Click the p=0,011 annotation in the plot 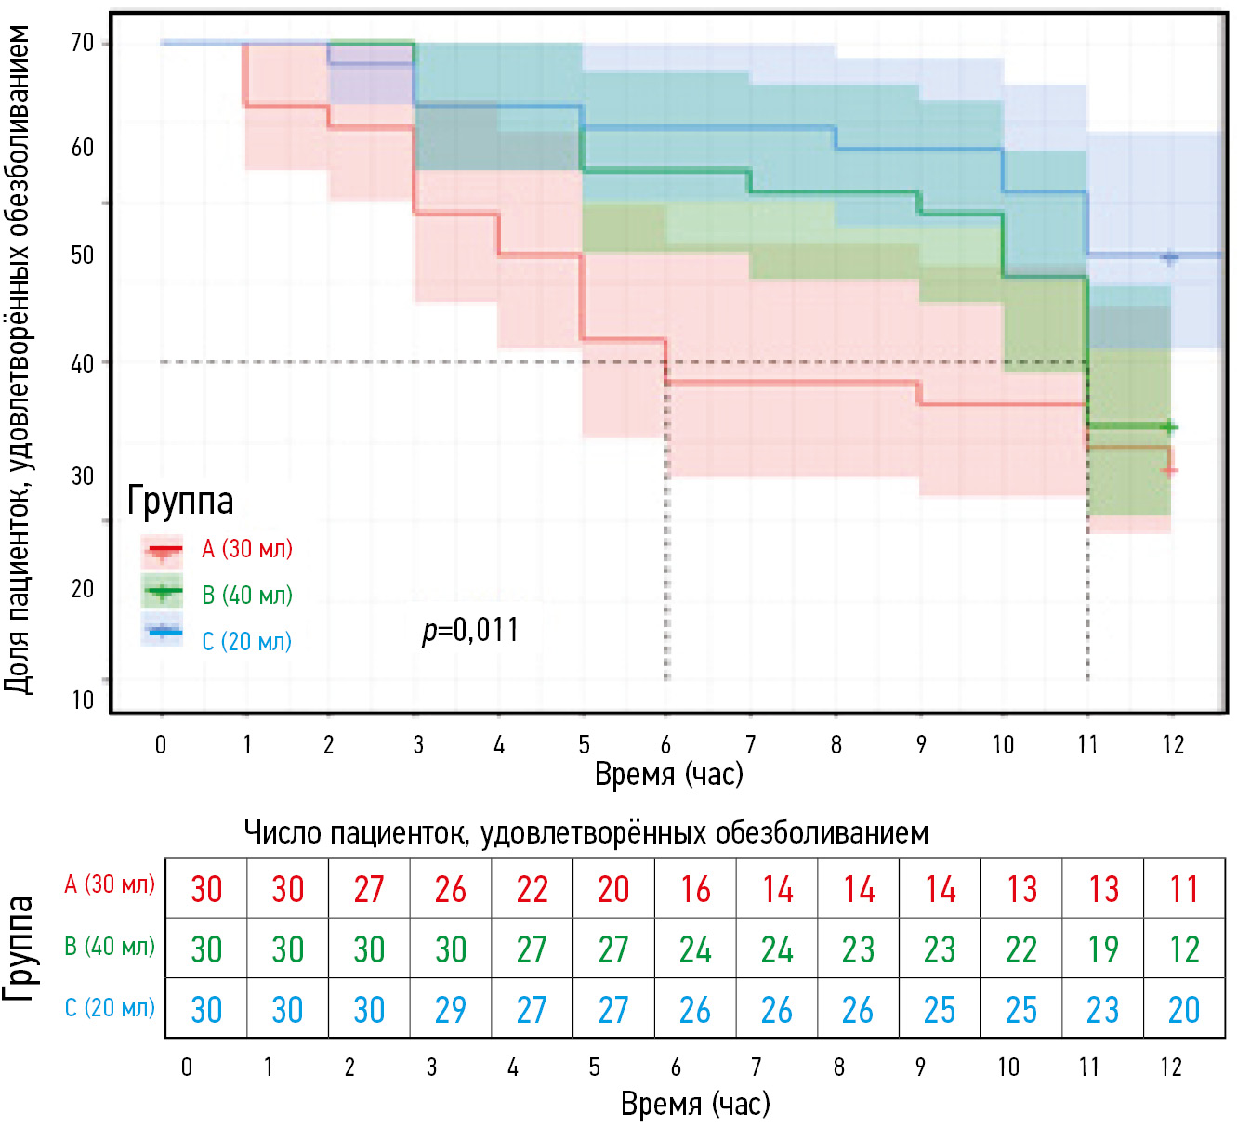[470, 630]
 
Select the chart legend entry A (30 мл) [246, 549]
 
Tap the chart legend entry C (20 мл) [246, 641]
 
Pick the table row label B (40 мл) [110, 947]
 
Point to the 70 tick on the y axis [83, 43]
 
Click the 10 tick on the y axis [83, 700]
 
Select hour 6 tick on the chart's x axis [665, 744]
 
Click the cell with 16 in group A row [695, 890]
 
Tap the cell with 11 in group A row [1184, 890]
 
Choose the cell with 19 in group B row [1103, 949]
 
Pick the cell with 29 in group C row [450, 1010]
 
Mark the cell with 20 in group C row [1184, 1010]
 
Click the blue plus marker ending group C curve [1170, 258]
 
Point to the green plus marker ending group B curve [1170, 427]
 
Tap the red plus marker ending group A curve [1170, 471]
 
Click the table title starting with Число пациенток [586, 832]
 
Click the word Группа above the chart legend [180, 501]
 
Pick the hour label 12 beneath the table [1171, 1067]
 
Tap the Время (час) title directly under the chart [669, 774]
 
